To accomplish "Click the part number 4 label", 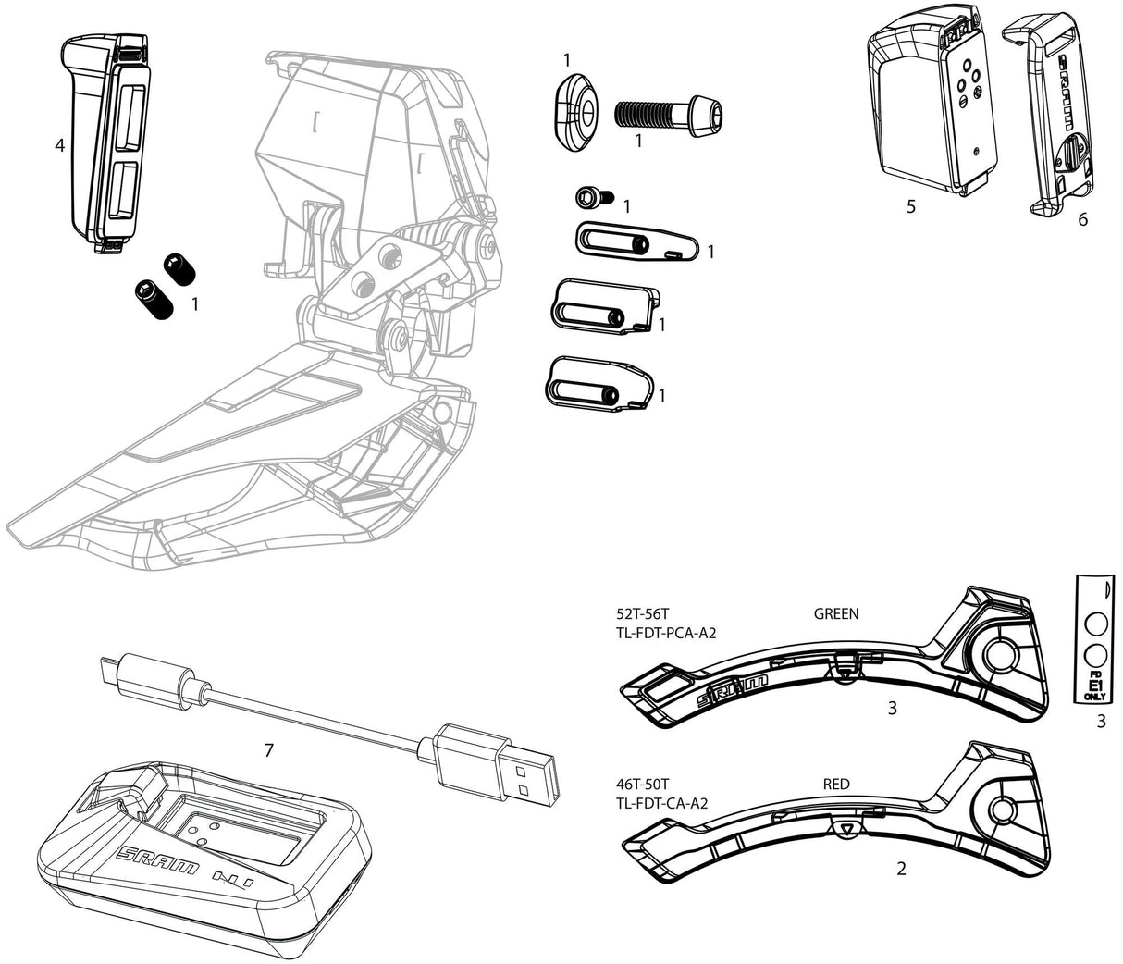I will click(x=59, y=145).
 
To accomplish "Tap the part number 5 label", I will click(x=911, y=206).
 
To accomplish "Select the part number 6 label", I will click(x=1083, y=219).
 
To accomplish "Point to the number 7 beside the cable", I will click(x=269, y=750).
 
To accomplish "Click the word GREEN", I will click(x=836, y=613).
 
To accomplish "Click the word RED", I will click(x=836, y=785).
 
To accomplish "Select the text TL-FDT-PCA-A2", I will click(x=666, y=634).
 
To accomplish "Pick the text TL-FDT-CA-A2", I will click(x=661, y=803).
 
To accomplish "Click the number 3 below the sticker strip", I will click(x=1101, y=723).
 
